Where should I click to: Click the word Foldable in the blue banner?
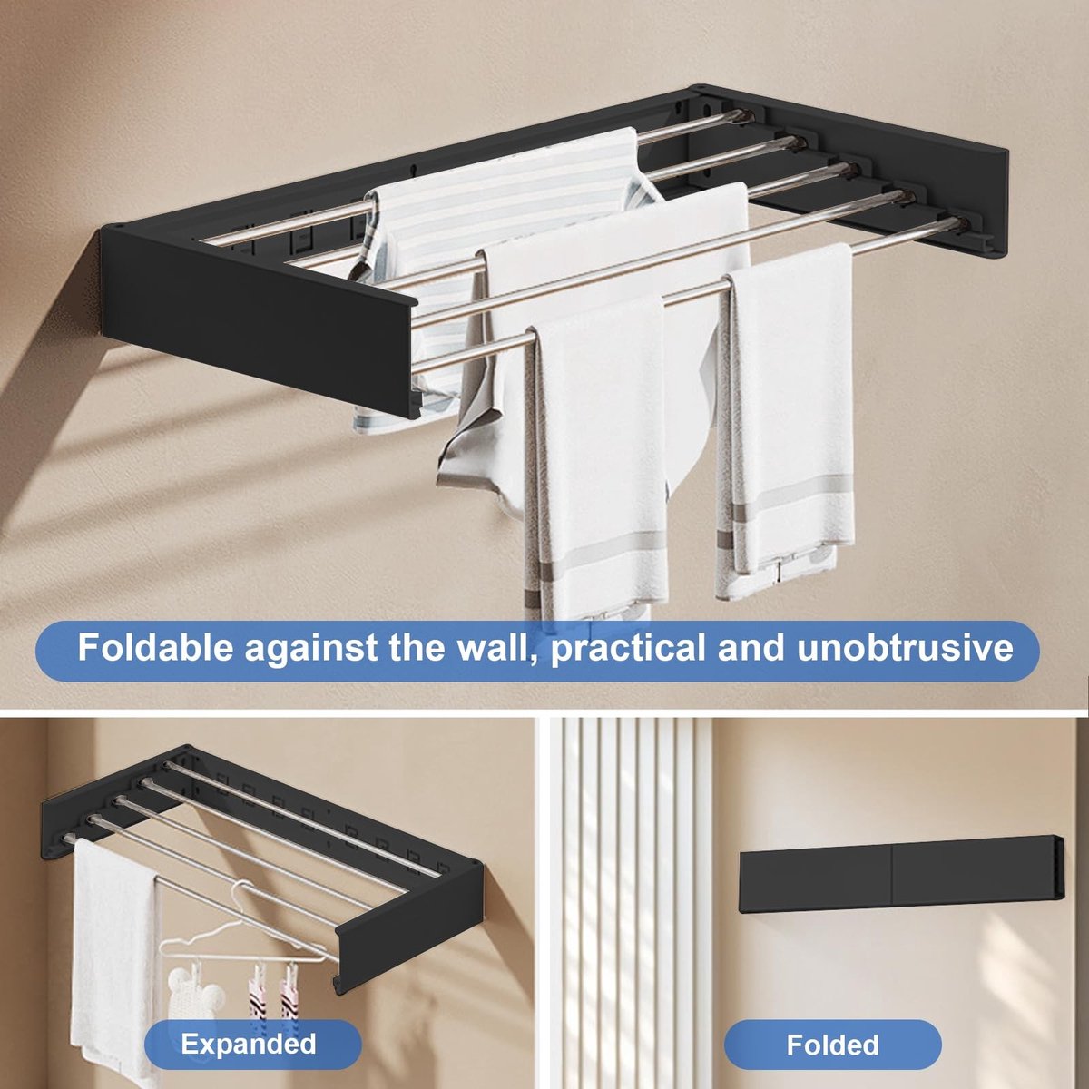click(155, 648)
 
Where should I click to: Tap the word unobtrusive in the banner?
click(905, 648)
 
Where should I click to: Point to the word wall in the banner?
click(499, 649)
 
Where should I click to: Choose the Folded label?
click(832, 1028)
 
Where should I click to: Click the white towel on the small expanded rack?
click(113, 961)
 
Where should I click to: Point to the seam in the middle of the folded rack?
click(891, 881)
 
